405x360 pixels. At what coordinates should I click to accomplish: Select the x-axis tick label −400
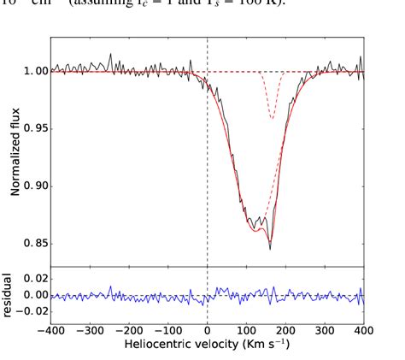click(x=50, y=329)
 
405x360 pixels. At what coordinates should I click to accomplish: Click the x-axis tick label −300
click(x=90, y=329)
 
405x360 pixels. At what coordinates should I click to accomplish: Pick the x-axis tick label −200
click(x=129, y=329)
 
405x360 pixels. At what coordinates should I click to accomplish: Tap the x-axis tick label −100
click(x=168, y=329)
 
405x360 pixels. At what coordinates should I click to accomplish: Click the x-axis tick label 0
click(x=208, y=329)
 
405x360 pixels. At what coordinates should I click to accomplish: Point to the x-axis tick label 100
click(x=247, y=329)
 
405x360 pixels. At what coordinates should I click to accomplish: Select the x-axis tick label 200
click(x=286, y=329)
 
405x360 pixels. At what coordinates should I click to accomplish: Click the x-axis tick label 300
click(x=326, y=329)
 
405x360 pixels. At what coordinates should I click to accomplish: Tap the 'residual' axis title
click(x=8, y=295)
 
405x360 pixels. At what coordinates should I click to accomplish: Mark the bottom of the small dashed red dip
click(x=272, y=118)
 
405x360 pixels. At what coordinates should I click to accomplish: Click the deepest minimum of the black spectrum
click(x=270, y=249)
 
